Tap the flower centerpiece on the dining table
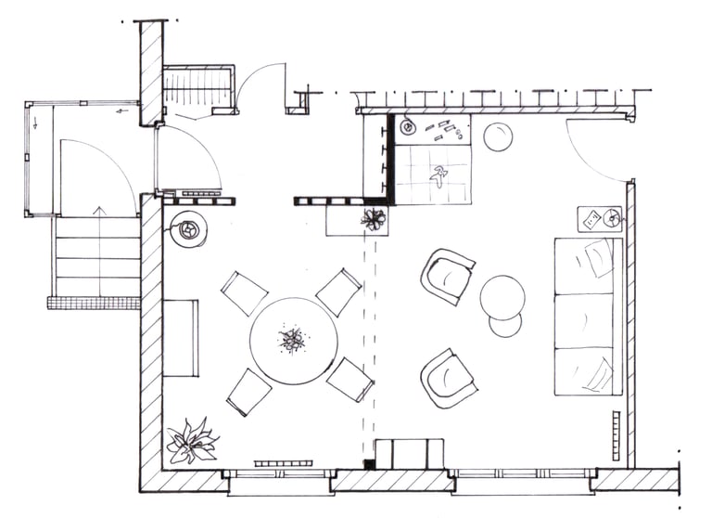click(x=292, y=340)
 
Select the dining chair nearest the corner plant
click(x=248, y=392)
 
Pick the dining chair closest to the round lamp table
click(x=244, y=293)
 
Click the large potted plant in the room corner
click(x=191, y=441)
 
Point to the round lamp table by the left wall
click(x=188, y=228)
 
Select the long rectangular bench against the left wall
click(x=180, y=338)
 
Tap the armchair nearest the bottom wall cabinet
click(x=448, y=378)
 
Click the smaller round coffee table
click(x=505, y=325)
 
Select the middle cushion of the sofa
click(x=584, y=320)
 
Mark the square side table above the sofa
click(x=600, y=219)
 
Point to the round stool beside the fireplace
click(x=498, y=136)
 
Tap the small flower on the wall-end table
click(x=374, y=219)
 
